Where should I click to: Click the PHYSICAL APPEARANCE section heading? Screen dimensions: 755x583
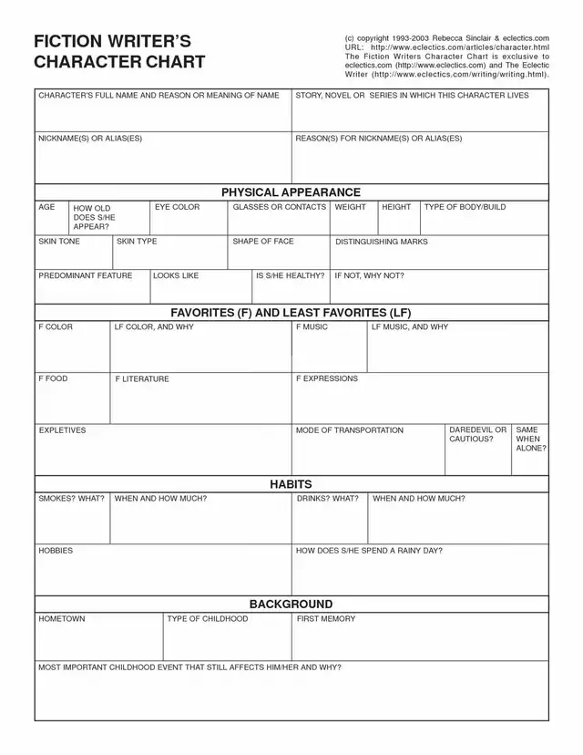click(291, 192)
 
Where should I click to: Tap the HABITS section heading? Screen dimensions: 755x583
click(291, 484)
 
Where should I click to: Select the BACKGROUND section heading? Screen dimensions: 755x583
click(291, 604)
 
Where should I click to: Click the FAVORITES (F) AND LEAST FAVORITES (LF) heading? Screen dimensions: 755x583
click(291, 312)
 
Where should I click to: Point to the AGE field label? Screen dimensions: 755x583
click(46, 208)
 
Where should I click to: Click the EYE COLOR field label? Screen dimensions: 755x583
click(177, 208)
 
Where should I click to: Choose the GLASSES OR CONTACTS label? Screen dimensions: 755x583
click(279, 208)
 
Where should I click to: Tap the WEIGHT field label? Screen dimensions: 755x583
click(351, 208)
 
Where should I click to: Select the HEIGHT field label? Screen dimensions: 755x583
click(396, 208)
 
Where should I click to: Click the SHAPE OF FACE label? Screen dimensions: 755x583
click(263, 242)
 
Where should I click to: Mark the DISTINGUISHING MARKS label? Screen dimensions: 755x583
click(381, 242)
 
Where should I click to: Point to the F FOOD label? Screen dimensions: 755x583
click(53, 378)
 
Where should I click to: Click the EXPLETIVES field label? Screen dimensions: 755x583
click(62, 429)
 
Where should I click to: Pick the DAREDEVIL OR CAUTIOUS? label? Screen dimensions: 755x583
click(477, 434)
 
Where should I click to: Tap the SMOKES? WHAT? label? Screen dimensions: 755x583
click(71, 499)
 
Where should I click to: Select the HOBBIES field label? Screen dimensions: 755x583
click(56, 551)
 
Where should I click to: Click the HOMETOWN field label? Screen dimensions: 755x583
click(62, 619)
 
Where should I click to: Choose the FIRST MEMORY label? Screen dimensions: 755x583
click(326, 619)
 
